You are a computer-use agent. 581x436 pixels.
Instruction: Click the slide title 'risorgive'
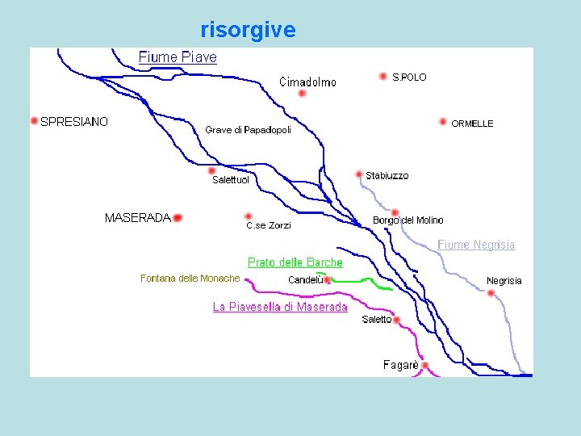click(248, 31)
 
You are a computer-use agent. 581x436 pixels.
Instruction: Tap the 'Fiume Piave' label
click(178, 57)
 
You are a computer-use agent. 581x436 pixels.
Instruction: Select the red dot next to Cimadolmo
click(302, 93)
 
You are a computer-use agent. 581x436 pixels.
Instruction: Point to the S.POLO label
click(409, 78)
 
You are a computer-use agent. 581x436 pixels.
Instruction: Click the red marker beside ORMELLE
click(443, 122)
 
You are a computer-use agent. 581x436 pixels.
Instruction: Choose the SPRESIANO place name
click(74, 122)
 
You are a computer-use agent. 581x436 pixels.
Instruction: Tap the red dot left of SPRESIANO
click(34, 121)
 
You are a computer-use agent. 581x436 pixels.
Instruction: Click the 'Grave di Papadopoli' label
click(248, 130)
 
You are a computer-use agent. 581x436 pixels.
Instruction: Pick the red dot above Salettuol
click(211, 170)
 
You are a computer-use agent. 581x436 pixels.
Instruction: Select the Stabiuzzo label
click(387, 176)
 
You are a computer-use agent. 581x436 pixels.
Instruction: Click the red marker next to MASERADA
click(178, 217)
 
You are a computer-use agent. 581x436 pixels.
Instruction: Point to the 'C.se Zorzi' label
click(269, 225)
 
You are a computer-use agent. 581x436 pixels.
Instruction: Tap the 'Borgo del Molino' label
click(408, 220)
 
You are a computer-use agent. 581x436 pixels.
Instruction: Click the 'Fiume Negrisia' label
click(476, 245)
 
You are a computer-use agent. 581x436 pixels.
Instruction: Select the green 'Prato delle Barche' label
click(295, 262)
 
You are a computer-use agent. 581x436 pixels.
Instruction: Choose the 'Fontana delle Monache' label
click(190, 279)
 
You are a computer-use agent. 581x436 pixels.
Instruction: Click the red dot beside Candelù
click(327, 280)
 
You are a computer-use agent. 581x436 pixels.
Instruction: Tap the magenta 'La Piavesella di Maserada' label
click(280, 307)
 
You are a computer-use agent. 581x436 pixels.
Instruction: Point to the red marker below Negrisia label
click(491, 293)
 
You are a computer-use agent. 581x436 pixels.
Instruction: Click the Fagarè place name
click(401, 365)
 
